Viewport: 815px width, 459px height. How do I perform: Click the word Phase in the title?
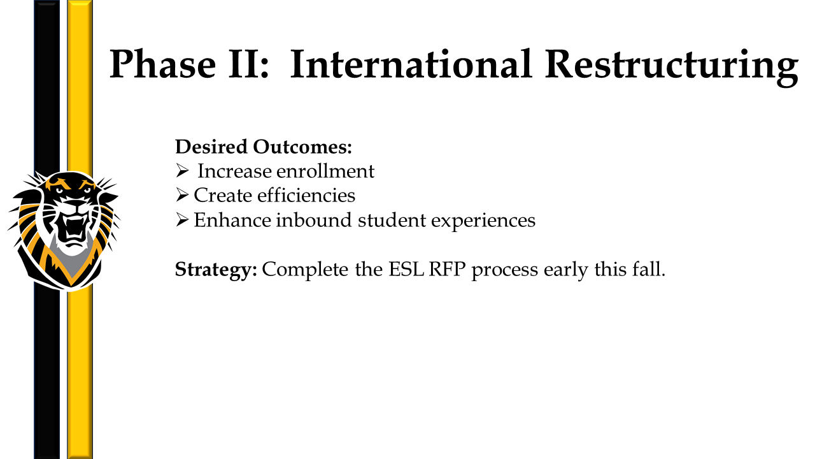point(162,64)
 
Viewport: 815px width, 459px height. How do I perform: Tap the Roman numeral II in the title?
point(248,64)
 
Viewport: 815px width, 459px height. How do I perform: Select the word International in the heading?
point(411,64)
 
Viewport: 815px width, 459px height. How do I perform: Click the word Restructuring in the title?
point(671,68)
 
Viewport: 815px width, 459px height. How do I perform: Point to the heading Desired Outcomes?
point(264,147)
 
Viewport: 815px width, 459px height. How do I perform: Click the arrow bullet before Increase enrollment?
point(182,170)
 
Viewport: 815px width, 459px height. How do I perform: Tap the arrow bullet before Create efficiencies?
point(182,195)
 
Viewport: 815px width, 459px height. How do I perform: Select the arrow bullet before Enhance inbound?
point(182,220)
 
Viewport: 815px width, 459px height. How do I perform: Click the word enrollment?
point(325,171)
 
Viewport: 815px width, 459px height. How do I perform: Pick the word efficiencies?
point(306,195)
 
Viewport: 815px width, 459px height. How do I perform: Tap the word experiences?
point(483,221)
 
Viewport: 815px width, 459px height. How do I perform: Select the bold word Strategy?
point(216,270)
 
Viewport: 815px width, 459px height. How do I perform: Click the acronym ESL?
point(406,269)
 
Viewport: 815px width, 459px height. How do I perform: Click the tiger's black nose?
point(74,204)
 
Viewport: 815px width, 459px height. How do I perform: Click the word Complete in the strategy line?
point(305,270)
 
